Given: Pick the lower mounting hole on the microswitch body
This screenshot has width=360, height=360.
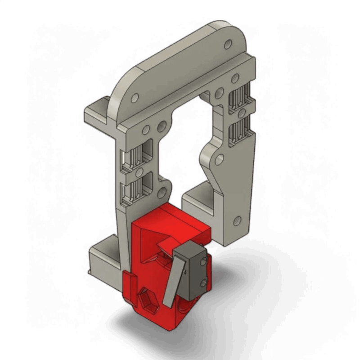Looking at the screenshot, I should pos(204,282).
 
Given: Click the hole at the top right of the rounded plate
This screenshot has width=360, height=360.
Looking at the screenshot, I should pos(228,44).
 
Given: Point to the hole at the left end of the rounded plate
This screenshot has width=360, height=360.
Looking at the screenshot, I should pos(134,99).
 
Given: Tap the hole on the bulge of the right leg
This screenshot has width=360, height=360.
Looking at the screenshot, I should pos(220,158).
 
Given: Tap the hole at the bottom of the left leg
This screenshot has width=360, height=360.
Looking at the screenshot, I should pos(160,194).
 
